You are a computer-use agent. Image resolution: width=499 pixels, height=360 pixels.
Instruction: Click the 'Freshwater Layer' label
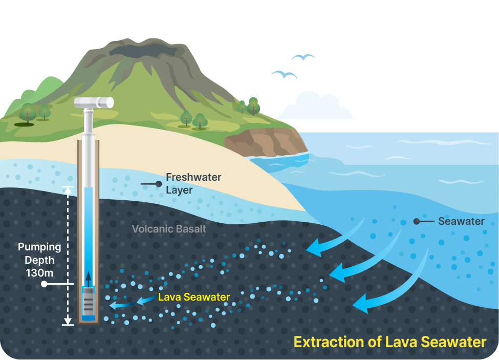193,183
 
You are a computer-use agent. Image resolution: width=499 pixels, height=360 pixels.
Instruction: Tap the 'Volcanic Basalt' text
169,229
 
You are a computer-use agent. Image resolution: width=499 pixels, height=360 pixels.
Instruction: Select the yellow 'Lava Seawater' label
194,297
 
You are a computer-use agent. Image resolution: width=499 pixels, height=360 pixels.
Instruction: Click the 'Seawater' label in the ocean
461,221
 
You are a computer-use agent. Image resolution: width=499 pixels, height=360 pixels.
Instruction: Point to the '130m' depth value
39,273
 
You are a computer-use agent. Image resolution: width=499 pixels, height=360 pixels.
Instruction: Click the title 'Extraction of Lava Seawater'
390,342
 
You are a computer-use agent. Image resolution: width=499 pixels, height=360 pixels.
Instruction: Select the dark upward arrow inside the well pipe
88,280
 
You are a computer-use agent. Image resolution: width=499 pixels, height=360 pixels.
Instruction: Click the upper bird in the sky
303,57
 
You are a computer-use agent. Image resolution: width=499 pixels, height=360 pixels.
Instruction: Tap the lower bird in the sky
284,74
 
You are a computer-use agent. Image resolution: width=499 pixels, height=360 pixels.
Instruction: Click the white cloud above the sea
316,106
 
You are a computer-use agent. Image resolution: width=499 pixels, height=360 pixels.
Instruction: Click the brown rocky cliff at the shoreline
266,142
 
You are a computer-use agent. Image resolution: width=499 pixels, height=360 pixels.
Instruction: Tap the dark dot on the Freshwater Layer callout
158,184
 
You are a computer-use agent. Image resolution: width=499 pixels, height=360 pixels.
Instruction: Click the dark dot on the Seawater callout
416,221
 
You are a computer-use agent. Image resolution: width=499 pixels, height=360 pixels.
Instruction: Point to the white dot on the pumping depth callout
44,284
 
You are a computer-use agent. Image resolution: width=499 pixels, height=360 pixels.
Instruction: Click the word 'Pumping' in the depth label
39,247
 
